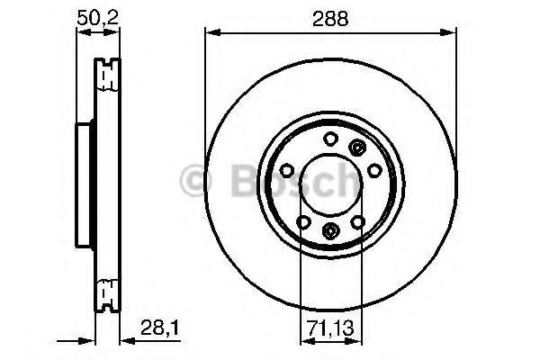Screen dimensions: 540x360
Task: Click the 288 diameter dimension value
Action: (x=330, y=19)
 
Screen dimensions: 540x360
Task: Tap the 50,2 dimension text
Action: (x=98, y=18)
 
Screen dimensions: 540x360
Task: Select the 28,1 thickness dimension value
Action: (x=160, y=328)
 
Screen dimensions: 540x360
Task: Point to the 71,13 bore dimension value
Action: (x=330, y=328)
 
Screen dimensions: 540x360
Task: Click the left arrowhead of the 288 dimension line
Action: (x=212, y=32)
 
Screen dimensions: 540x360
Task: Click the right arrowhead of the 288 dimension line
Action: (x=448, y=32)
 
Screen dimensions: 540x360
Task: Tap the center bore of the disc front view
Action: (x=331, y=185)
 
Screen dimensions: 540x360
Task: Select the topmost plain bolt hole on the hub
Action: (x=330, y=139)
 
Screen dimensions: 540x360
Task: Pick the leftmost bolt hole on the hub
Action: (x=286, y=170)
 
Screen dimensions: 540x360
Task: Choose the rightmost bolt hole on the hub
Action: (x=374, y=170)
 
